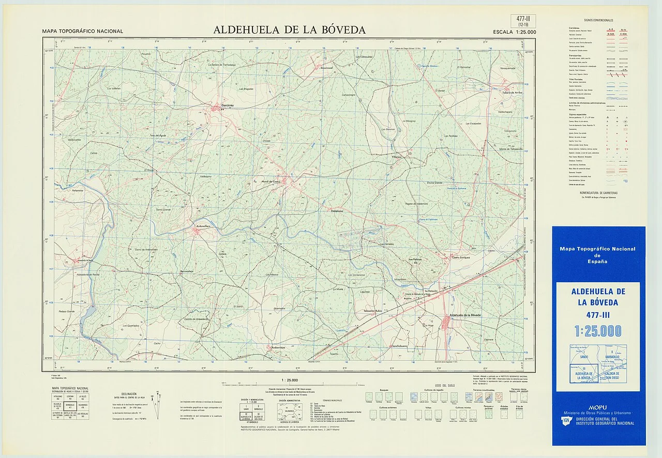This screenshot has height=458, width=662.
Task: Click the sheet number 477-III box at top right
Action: (x=523, y=21)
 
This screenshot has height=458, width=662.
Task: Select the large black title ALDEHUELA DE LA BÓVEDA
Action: (x=289, y=30)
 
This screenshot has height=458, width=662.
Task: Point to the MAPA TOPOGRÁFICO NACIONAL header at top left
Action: (x=83, y=32)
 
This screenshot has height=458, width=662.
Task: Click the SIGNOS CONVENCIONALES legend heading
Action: (x=598, y=20)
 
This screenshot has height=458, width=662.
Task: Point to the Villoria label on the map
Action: (x=397, y=155)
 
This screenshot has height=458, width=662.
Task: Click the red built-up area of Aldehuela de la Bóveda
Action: (x=446, y=323)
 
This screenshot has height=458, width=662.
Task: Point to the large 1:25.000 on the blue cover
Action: (x=597, y=331)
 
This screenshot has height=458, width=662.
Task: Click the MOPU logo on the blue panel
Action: (x=597, y=407)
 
